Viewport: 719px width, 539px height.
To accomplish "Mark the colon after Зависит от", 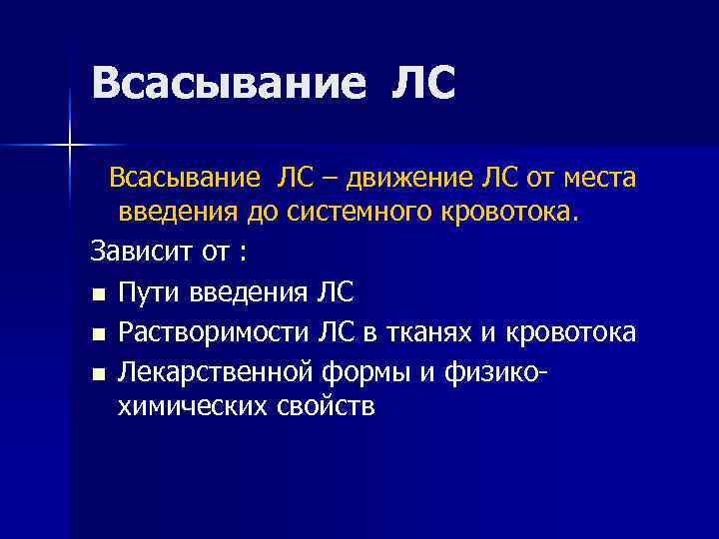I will pos(243,253).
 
